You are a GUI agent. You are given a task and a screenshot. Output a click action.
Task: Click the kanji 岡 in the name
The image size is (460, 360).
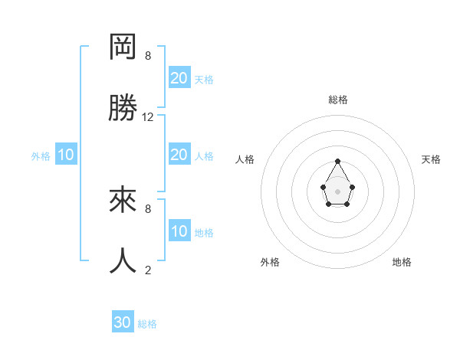(x=123, y=47)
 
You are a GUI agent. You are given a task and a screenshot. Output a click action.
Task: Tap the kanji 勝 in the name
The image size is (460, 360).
(x=123, y=108)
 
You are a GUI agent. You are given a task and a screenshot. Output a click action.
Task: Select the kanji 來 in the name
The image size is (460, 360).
(x=123, y=200)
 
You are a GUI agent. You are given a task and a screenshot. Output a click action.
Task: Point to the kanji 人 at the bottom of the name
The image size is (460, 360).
(x=123, y=260)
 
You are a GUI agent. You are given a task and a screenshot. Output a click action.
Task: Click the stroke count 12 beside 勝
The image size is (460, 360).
(x=148, y=117)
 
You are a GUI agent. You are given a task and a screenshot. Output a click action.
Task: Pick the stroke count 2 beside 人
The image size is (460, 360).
(x=148, y=270)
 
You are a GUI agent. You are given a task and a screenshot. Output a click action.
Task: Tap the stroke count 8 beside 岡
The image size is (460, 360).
(x=148, y=56)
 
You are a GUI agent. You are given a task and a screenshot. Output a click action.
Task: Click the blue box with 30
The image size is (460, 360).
(x=123, y=322)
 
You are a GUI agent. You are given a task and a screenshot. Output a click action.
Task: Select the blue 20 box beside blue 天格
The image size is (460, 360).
(x=179, y=78)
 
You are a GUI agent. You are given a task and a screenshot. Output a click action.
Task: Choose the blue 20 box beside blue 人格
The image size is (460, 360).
(x=179, y=155)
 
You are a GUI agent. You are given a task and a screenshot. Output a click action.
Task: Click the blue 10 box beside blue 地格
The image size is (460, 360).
(x=179, y=231)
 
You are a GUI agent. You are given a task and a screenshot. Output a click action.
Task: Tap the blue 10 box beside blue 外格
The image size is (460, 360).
(x=66, y=155)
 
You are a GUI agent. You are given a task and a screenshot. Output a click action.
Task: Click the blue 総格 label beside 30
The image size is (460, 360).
(x=147, y=324)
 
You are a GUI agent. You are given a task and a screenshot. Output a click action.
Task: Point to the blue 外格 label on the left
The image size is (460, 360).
(x=41, y=156)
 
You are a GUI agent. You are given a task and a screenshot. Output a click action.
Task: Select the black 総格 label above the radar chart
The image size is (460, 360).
(x=338, y=100)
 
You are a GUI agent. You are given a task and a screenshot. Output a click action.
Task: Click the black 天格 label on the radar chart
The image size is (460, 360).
(x=432, y=159)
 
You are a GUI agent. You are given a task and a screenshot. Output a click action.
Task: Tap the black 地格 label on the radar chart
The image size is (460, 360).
(x=402, y=262)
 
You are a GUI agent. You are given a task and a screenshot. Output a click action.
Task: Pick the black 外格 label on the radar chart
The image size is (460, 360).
(x=270, y=262)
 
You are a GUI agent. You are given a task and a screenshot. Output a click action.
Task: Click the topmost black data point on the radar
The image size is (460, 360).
(x=338, y=162)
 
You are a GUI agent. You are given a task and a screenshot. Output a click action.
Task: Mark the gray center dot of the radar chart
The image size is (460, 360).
(x=338, y=191)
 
